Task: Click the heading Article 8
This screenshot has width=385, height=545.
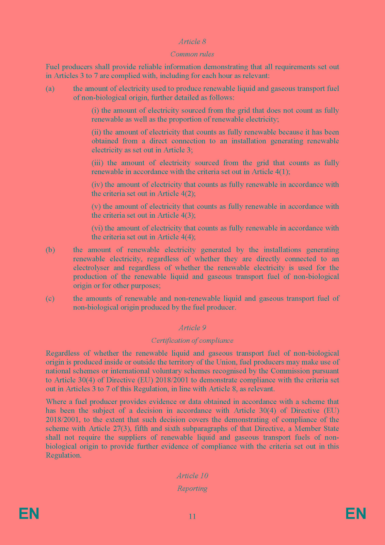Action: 192,42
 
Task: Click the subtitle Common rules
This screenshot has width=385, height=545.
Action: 192,54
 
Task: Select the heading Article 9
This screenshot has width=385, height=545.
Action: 192,328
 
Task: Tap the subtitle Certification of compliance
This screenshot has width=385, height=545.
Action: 192,340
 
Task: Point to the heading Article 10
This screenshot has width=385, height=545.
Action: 192,476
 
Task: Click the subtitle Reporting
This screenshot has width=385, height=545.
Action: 192,488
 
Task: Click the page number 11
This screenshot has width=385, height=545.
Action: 192,516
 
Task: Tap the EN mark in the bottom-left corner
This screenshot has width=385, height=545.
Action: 29,513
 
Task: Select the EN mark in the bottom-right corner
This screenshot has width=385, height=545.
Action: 356,513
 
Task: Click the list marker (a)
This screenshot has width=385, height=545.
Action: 50,89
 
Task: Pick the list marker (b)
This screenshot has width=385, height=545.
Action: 50,250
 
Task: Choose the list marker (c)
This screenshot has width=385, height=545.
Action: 50,299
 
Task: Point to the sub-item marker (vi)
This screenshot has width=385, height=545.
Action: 97,228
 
